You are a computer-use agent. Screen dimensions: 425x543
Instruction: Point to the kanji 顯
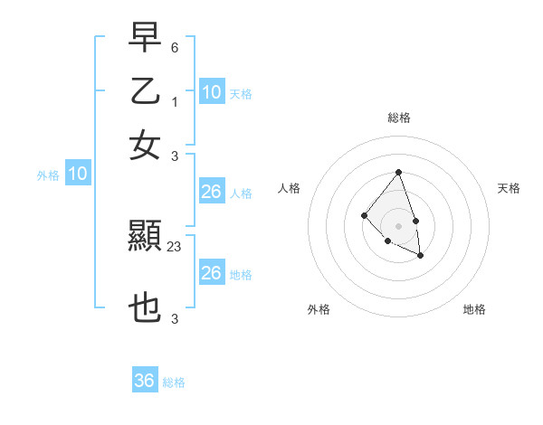click(x=145, y=238)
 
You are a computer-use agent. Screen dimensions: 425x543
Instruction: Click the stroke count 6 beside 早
click(x=175, y=46)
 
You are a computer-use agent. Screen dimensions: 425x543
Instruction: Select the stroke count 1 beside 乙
click(x=175, y=100)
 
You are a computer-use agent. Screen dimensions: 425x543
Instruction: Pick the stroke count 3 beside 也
click(x=175, y=319)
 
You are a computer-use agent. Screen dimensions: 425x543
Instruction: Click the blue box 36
click(x=145, y=381)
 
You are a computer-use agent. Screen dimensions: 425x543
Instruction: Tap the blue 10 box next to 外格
click(x=78, y=175)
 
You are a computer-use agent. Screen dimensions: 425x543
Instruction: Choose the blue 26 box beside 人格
click(x=211, y=192)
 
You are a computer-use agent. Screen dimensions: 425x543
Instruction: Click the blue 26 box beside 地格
click(x=211, y=273)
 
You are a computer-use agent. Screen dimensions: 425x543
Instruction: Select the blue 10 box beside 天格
click(x=211, y=92)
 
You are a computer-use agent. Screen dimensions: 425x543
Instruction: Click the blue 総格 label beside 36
click(x=174, y=382)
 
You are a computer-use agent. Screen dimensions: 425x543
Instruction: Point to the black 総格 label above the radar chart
click(x=398, y=118)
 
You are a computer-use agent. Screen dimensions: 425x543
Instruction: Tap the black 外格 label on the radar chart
click(x=319, y=309)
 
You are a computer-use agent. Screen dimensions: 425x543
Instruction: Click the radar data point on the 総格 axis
click(x=398, y=172)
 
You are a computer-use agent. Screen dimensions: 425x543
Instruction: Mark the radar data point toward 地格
click(x=421, y=257)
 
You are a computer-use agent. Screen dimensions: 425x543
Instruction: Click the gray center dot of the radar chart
click(x=398, y=225)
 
